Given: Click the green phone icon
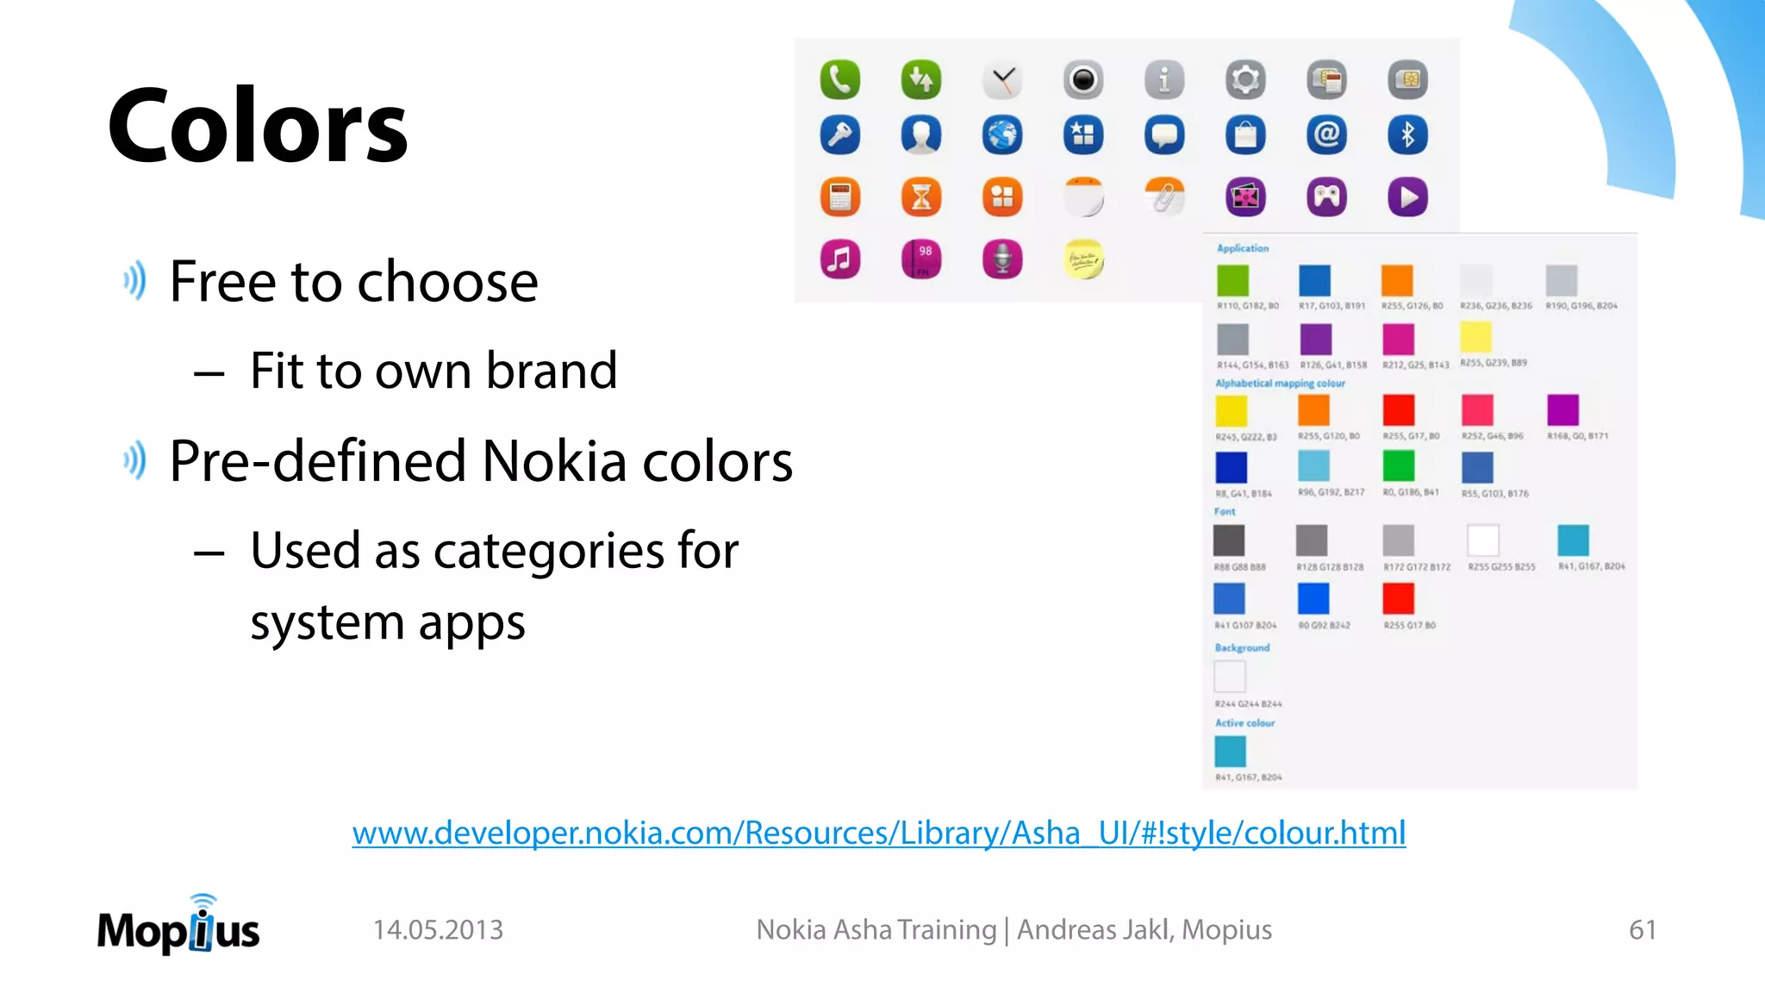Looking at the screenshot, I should [839, 80].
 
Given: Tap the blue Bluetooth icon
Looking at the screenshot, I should [1407, 135].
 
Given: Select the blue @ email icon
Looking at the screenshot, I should [1326, 135].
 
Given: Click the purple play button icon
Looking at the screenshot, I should [1407, 197].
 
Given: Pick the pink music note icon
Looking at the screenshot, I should [839, 259].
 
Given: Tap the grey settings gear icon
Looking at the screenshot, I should [1245, 80].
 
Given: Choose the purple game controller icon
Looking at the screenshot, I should [1326, 197].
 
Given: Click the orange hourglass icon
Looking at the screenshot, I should [920, 197].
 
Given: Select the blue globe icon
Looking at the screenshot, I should [1001, 135].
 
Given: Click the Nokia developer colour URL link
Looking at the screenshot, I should [878, 833].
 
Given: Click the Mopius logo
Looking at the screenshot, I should [178, 927].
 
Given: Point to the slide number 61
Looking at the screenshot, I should [1642, 929].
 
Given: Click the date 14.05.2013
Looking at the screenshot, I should [438, 929].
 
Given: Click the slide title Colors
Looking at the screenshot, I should [258, 126].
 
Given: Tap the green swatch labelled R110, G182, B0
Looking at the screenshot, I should [1232, 280].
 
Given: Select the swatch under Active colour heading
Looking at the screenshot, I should [1230, 752].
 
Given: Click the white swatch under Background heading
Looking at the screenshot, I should [1230, 677].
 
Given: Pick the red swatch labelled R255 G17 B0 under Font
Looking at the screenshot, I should [1398, 598].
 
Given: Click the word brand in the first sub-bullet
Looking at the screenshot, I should [552, 371].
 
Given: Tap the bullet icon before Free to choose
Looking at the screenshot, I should [134, 281].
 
